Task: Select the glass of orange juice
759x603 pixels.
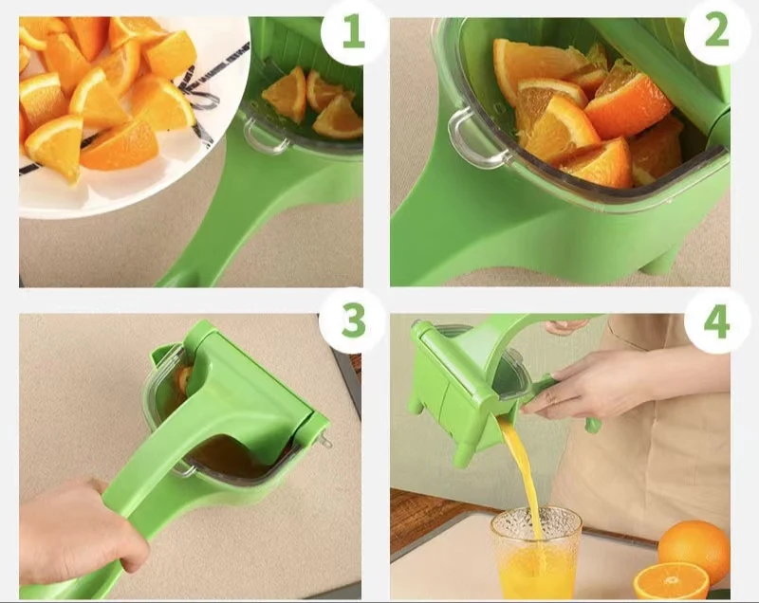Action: (x=535, y=559)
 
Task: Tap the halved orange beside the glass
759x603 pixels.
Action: (x=670, y=580)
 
